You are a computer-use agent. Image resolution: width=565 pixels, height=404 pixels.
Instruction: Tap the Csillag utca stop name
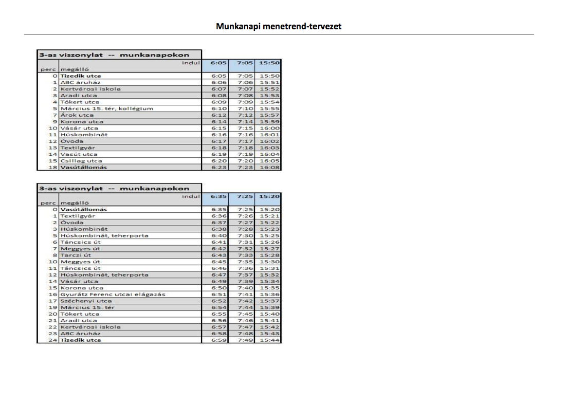81,161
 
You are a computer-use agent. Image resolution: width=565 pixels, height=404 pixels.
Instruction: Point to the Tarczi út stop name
76,255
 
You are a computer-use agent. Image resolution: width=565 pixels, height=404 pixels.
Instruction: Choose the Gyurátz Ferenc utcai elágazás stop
113,295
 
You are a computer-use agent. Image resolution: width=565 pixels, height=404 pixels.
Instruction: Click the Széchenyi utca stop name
86,301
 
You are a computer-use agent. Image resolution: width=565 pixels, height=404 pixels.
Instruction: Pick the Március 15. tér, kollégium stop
106,108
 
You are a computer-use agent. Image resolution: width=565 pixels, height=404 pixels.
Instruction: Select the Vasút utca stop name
79,154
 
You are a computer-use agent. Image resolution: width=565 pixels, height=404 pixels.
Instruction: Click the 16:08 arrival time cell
270,168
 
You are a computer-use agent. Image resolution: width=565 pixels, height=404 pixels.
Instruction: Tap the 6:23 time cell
218,168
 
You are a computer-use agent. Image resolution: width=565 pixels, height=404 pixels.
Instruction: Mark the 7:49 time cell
245,340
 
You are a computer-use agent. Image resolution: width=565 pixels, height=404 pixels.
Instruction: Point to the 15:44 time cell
270,340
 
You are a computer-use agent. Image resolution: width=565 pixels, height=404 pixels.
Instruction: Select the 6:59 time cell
218,340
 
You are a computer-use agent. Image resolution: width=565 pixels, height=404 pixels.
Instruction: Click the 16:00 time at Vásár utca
270,128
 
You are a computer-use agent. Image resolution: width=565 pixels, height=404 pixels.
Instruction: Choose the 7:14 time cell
245,122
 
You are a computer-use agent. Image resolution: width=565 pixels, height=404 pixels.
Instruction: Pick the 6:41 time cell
218,242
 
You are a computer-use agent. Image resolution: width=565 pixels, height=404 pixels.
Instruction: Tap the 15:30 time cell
270,262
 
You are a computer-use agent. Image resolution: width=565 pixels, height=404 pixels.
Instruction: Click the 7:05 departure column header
245,63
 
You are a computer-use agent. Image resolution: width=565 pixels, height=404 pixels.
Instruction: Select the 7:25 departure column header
245,196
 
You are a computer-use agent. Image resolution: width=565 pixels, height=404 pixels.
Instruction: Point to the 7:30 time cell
245,235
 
